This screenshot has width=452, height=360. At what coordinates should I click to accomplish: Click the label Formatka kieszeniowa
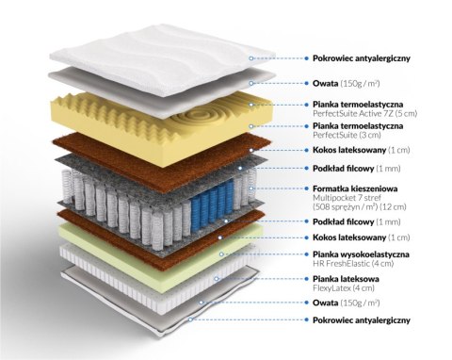coord(355,188)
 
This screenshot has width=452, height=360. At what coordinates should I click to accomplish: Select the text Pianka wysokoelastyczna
coord(361,254)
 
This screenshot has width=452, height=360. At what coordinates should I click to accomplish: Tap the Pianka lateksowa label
coord(346,279)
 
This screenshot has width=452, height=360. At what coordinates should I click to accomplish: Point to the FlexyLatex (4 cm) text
coord(344,287)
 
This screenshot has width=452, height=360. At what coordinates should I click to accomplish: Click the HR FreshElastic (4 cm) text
coord(353,263)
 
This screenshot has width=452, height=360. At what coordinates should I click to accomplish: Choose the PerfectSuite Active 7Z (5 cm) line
coord(365,113)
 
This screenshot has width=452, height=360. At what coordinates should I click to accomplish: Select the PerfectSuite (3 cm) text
coord(347,135)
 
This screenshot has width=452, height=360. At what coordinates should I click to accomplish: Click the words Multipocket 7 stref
coord(347,198)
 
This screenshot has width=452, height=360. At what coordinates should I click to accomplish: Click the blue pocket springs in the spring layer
coord(213,202)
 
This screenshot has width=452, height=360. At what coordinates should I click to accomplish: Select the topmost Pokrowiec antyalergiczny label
coord(362,58)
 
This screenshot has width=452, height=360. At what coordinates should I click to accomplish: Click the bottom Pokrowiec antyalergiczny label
coord(362,320)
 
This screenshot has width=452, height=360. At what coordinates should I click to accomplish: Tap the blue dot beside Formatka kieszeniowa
coord(306,188)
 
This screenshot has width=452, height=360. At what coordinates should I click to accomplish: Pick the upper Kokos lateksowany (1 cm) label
coord(362,150)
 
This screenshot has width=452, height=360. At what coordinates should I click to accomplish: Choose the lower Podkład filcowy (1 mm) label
coord(357,222)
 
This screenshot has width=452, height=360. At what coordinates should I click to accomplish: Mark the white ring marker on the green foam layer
coord(221,254)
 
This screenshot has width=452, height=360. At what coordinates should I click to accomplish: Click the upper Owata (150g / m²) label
coord(347,83)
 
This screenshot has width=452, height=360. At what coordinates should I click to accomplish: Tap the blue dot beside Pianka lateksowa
coord(306,279)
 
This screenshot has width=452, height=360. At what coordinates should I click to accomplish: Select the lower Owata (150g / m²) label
coord(347,303)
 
